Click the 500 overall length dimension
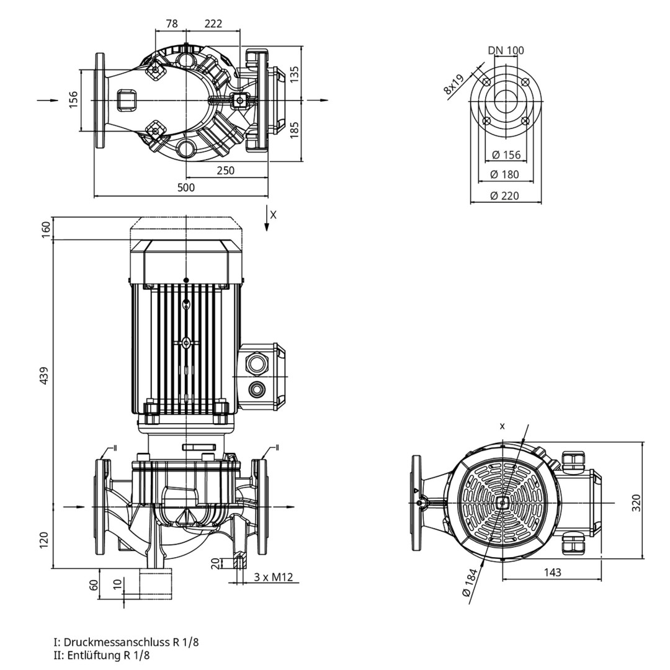coord(186,187)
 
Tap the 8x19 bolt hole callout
coord(454,84)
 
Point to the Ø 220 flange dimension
coord(504,195)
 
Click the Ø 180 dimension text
coord(504,175)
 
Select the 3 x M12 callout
coord(273,578)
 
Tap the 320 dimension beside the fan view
coord(636,503)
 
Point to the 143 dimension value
coord(552,572)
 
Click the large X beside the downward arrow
coord(274,215)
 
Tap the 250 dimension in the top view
coord(226,170)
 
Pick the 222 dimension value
coord(213,24)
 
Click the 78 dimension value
coord(172,24)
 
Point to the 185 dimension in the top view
coord(295,129)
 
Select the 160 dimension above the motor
coord(44,228)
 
